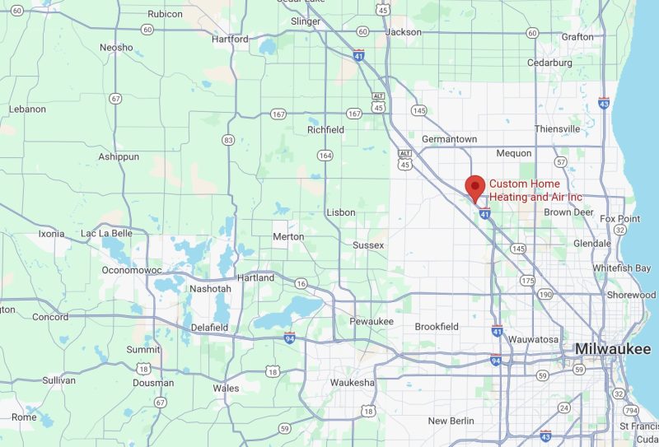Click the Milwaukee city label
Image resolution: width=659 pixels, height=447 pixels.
[x=612, y=349]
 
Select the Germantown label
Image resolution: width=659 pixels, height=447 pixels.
[x=449, y=140]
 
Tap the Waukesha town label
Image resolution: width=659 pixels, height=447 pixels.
[x=352, y=383]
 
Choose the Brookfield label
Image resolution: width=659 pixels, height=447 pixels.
[x=437, y=327]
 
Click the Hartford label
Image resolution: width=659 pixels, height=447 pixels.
[x=230, y=39]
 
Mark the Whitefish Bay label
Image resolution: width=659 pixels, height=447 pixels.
[x=623, y=268]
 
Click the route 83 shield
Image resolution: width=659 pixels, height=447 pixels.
[x=228, y=140]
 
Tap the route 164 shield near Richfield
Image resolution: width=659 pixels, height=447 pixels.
[x=326, y=155]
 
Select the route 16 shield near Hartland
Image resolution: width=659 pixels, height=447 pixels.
[x=301, y=283]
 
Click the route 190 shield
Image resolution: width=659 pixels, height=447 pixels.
[x=544, y=294]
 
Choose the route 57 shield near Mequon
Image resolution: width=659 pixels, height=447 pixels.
[x=561, y=162]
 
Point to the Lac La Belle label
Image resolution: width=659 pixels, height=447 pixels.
[x=106, y=234]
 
